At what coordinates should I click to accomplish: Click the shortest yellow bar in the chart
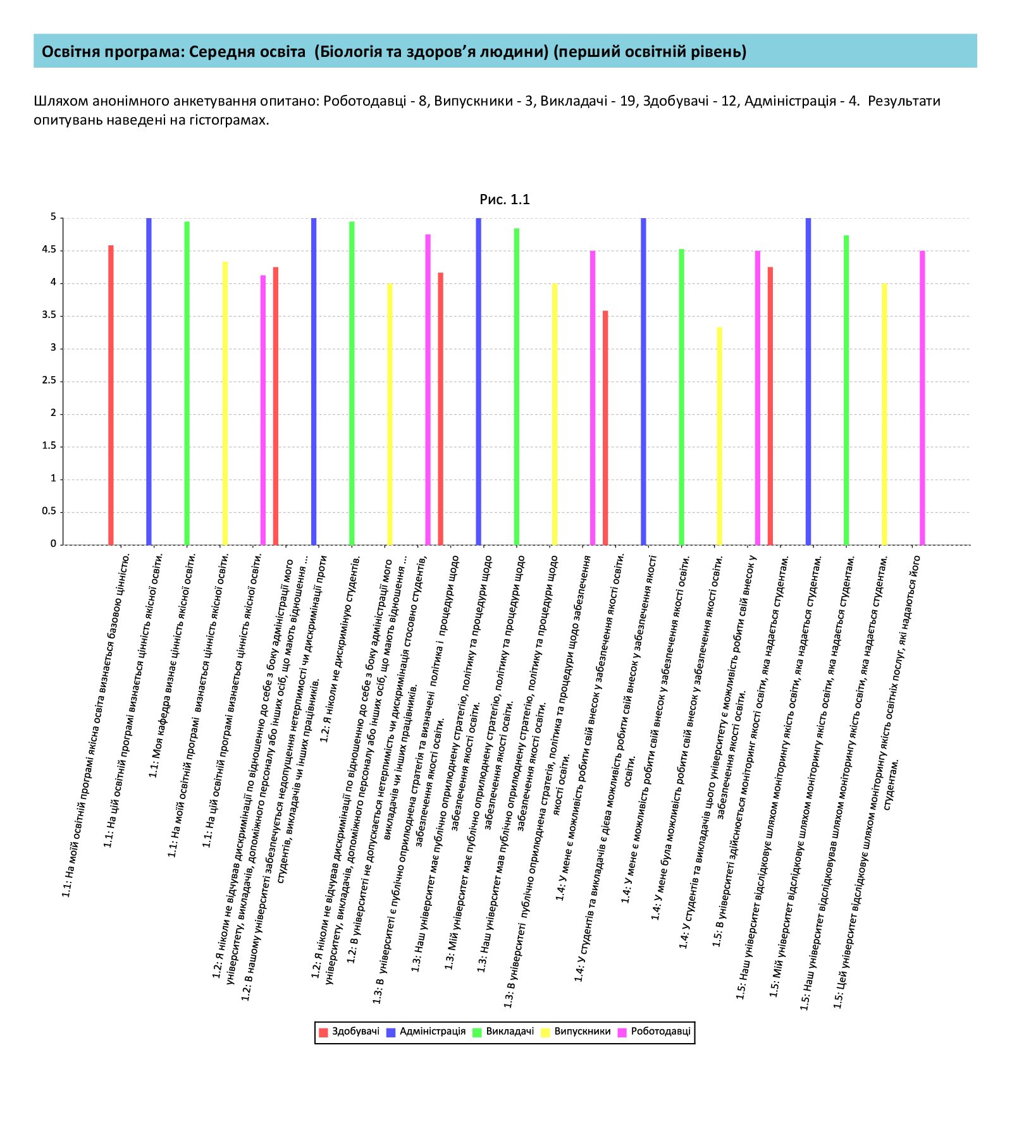[719, 436]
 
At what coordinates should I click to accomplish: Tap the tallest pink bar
[428, 389]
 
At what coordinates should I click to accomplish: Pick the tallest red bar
[111, 395]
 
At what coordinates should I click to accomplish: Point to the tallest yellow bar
[225, 403]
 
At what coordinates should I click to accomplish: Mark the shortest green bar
[681, 397]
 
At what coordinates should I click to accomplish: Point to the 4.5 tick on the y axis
[49, 250]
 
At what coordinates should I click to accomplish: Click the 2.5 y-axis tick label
[49, 381]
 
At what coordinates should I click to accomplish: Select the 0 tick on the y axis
[54, 544]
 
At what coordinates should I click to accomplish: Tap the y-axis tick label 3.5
[49, 315]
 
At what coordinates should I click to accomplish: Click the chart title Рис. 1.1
[505, 200]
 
